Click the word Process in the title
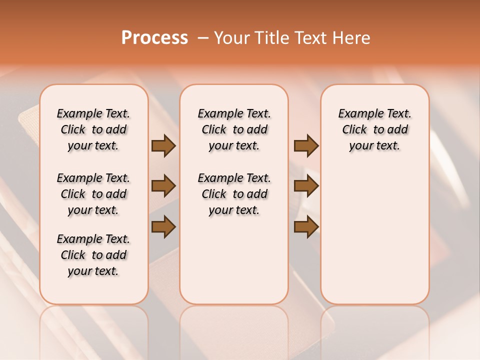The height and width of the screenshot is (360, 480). coord(154,38)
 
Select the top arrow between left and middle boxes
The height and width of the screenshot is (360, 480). coord(163,146)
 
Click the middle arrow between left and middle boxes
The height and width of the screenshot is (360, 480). coord(163,186)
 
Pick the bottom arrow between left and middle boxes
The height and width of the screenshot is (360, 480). coord(163,227)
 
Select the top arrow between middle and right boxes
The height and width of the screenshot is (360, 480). coord(306,146)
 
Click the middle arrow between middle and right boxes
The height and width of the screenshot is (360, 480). coord(306,186)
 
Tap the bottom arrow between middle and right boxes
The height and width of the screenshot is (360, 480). coord(306,227)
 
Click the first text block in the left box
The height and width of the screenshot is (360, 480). coord(93,129)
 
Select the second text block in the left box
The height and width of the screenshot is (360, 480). coord(93,194)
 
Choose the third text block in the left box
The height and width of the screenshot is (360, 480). coord(93,255)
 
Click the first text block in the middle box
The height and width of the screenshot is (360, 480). coord(234,129)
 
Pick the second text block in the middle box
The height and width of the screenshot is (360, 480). coord(234,194)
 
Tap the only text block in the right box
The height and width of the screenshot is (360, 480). coord(374,129)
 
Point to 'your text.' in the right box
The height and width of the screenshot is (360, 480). coord(374,146)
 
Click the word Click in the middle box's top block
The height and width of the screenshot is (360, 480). coord(214,130)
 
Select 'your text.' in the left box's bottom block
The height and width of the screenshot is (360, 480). coord(93,271)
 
